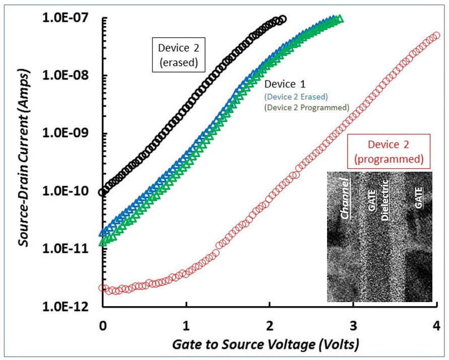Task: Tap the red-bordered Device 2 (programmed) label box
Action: (395, 152)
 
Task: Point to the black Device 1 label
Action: (285, 84)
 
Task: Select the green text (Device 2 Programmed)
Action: (306, 107)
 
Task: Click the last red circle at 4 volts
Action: (436, 35)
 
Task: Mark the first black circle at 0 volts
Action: (103, 192)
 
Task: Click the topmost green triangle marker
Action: (340, 19)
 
